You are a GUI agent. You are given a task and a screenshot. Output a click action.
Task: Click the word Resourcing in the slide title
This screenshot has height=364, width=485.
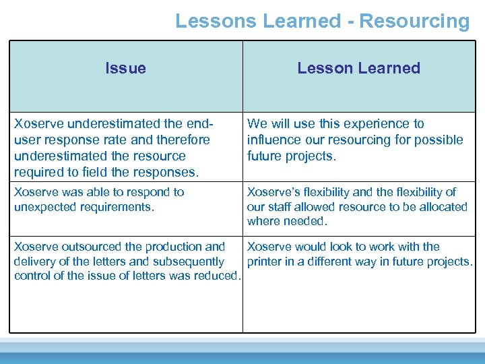pyautogui.click(x=414, y=21)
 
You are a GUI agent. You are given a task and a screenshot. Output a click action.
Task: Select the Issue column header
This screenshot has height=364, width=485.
pyautogui.click(x=126, y=68)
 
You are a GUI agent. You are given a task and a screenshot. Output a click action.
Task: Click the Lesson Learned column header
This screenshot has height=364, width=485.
pyautogui.click(x=358, y=68)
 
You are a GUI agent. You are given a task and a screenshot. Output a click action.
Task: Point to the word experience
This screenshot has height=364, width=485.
pyautogui.click(x=366, y=124)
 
